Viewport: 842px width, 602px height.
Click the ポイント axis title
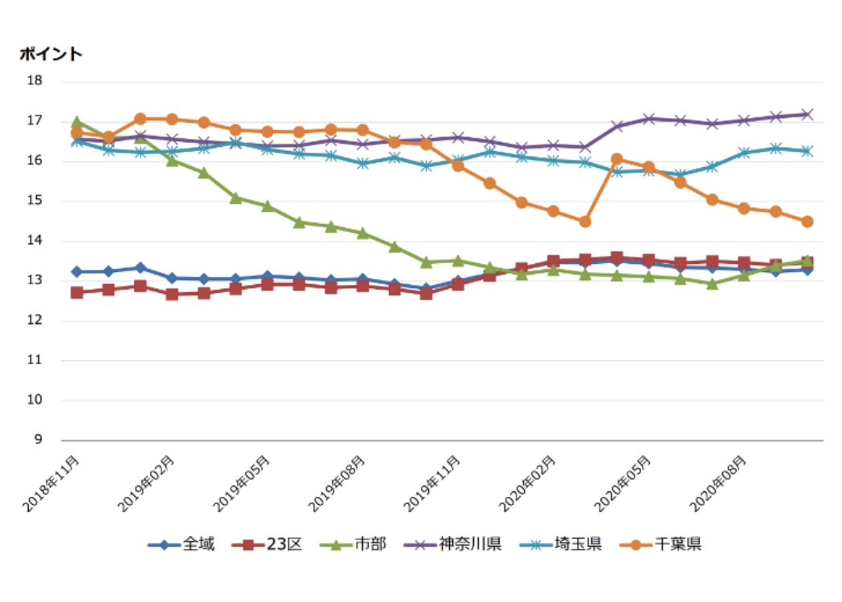(51, 54)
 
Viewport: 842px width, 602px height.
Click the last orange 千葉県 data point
(807, 222)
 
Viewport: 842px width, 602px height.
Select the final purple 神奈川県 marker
(807, 115)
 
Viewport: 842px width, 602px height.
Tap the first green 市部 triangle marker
(77, 122)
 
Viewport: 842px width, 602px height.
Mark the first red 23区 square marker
(77, 292)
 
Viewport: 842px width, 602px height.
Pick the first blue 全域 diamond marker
(77, 272)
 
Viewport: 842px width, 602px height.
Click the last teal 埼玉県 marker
(807, 151)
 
